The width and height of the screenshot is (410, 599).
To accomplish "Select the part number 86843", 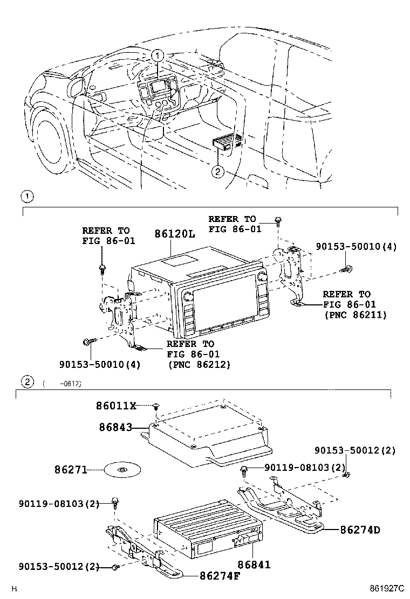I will [115, 427].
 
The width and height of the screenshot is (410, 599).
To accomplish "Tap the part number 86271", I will [70, 470].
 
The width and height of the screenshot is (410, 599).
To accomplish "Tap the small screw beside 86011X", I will [156, 406].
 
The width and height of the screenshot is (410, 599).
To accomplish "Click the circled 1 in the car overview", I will [157, 55].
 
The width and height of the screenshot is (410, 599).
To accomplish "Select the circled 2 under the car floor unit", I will [217, 172].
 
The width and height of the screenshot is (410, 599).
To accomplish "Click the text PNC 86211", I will [355, 315].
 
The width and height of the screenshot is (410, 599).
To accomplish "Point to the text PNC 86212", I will [199, 364].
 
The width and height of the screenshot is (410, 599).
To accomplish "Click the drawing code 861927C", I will [386, 590].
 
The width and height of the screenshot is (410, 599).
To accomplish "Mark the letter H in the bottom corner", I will [15, 590].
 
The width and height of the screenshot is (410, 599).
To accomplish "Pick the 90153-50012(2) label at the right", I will [355, 450].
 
